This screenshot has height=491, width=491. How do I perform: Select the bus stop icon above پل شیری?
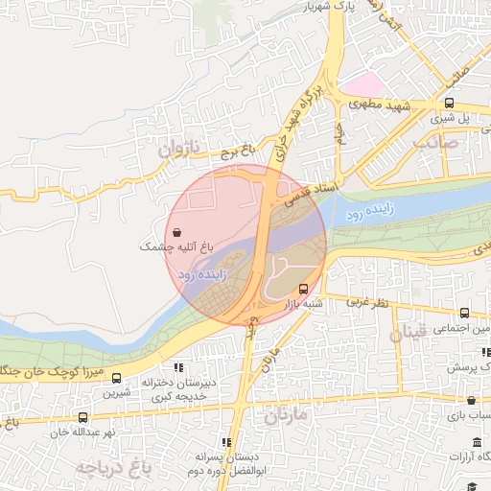[449, 103]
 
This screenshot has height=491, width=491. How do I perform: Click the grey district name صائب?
[435, 142]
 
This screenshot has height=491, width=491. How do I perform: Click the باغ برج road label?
[237, 151]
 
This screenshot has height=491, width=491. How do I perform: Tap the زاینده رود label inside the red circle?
[202, 274]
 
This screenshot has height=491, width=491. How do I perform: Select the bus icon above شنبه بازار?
[304, 288]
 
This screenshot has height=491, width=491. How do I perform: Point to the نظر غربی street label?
[364, 303]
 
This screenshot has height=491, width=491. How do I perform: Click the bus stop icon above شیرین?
[116, 379]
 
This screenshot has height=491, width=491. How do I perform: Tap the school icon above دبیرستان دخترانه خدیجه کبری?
[177, 367]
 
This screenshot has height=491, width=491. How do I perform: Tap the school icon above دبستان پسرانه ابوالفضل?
[226, 442]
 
